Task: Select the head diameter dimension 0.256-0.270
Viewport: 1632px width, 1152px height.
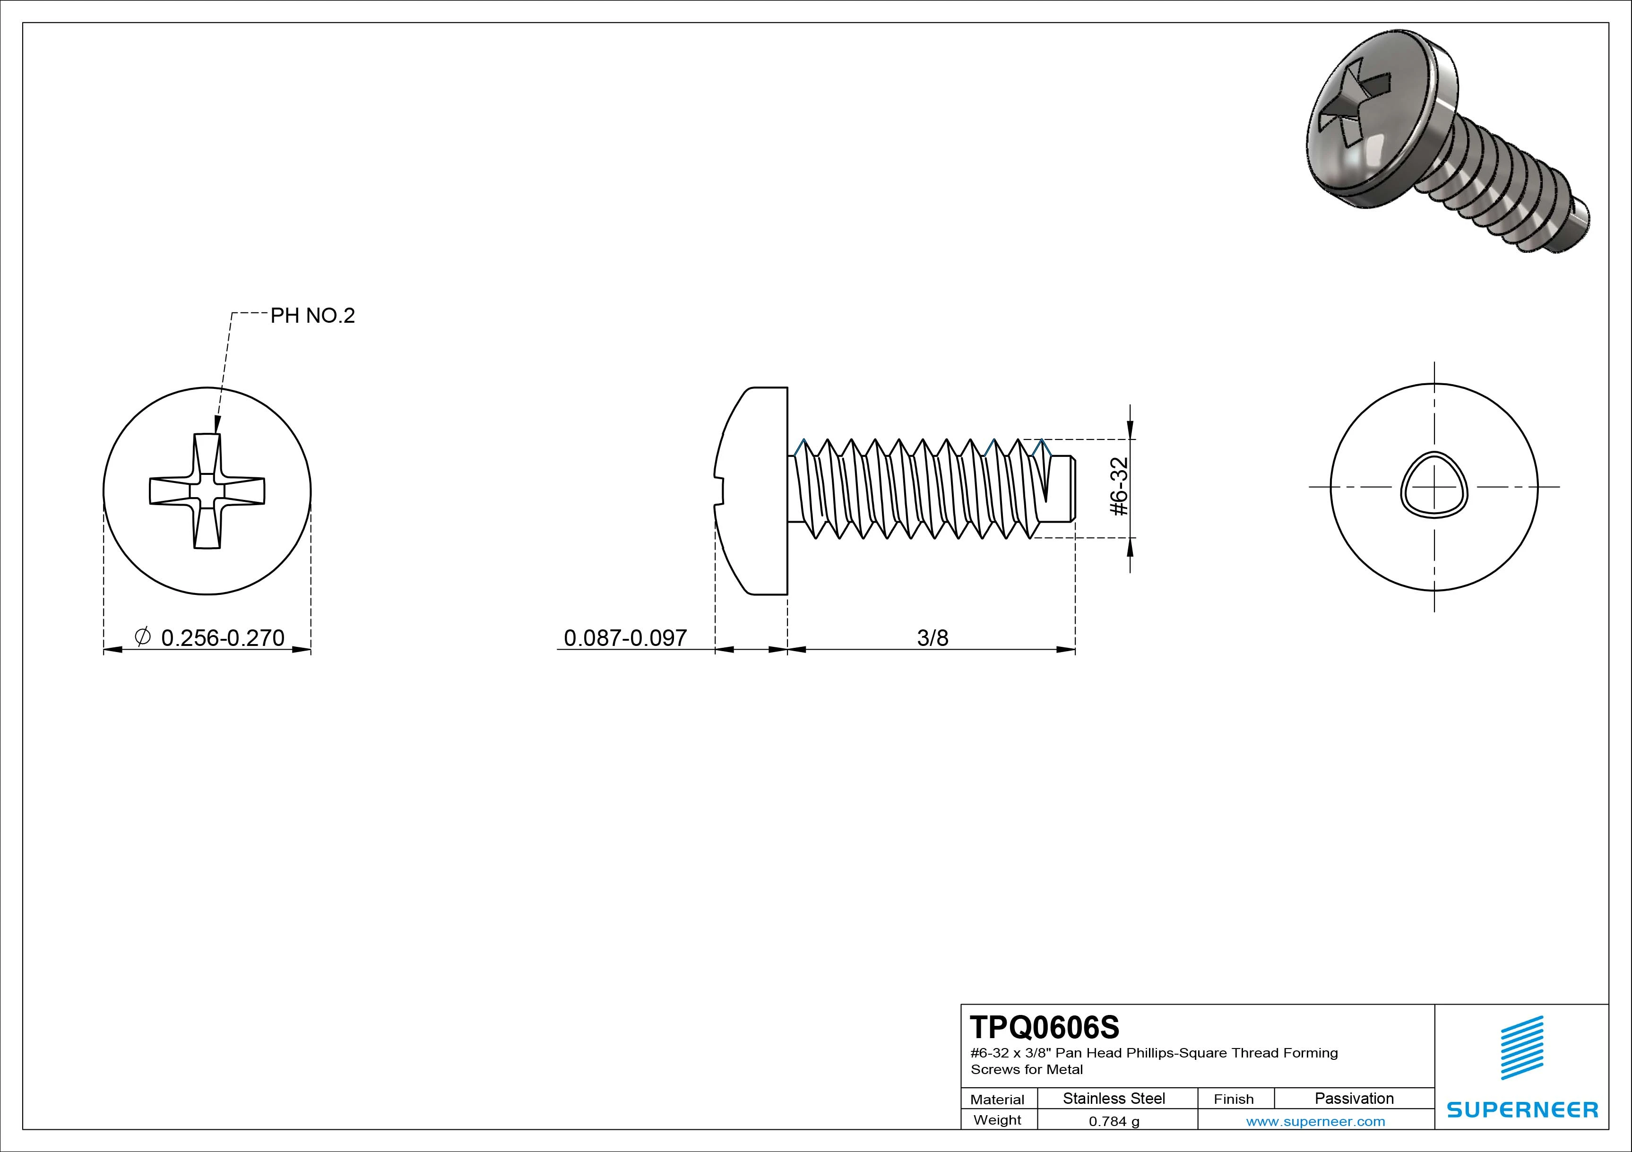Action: pyautogui.click(x=223, y=637)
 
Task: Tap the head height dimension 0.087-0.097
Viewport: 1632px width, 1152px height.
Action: pyautogui.click(x=625, y=637)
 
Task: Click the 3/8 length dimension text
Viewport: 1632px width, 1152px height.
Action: pyautogui.click(x=932, y=637)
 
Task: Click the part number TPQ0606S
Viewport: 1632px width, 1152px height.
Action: pyautogui.click(x=1044, y=1027)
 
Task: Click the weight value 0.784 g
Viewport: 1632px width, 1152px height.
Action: pyautogui.click(x=1114, y=1121)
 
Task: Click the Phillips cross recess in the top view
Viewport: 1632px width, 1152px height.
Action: pyautogui.click(x=207, y=491)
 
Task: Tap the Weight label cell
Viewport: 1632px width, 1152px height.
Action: pyautogui.click(x=997, y=1120)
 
